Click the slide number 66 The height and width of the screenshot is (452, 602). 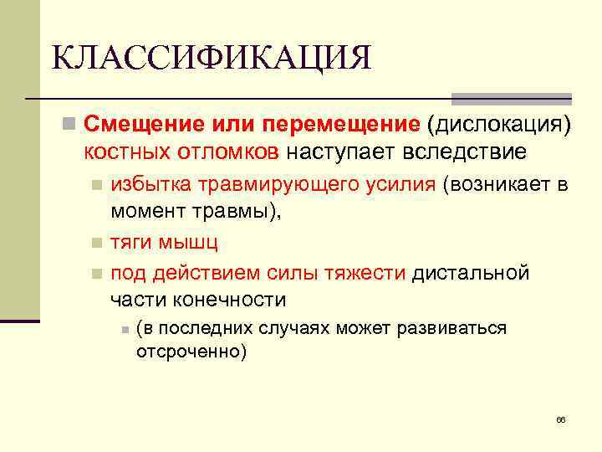[x=560, y=419]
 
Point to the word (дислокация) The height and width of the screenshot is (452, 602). [x=499, y=125]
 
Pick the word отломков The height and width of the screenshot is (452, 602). [x=228, y=152]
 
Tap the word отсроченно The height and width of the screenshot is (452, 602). [x=191, y=352]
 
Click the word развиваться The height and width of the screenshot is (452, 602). [x=459, y=328]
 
